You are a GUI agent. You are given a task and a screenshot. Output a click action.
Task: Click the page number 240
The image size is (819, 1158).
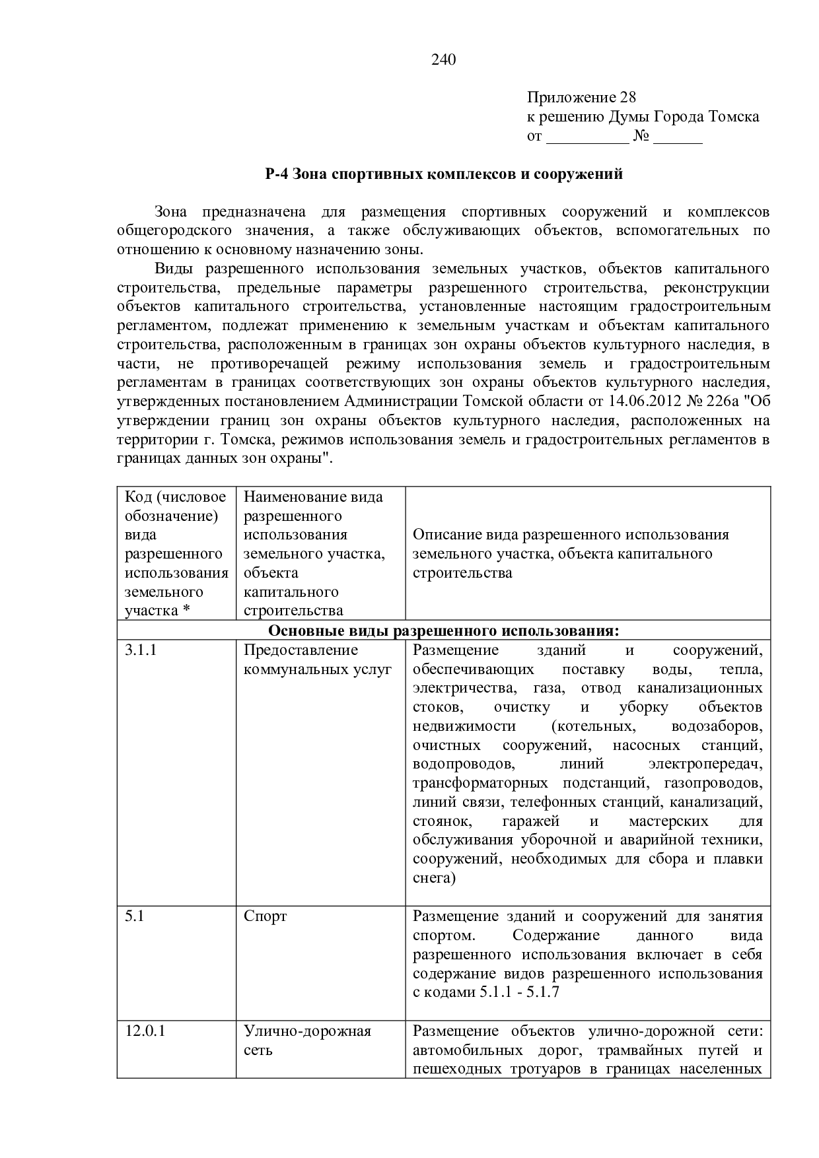(x=443, y=60)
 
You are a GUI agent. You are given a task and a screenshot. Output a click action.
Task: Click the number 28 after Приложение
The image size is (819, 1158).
(x=627, y=98)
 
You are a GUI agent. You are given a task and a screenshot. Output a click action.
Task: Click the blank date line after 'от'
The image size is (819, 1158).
(x=588, y=137)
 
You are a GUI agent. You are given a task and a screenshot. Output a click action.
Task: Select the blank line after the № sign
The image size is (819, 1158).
(x=678, y=137)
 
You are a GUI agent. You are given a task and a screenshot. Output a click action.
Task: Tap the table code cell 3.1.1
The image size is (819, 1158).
(x=141, y=650)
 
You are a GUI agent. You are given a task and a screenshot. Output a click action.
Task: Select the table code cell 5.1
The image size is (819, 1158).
(x=135, y=916)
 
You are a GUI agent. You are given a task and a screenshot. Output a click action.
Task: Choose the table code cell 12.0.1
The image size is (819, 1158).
(x=145, y=1031)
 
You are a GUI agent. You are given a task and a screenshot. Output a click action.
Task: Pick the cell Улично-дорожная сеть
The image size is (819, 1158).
(x=307, y=1040)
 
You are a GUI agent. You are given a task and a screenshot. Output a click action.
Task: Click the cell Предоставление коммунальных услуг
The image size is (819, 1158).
(x=318, y=660)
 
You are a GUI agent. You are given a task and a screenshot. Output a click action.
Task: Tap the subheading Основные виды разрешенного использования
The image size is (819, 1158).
(x=444, y=630)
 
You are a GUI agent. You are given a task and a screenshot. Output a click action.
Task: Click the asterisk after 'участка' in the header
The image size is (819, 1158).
(x=186, y=611)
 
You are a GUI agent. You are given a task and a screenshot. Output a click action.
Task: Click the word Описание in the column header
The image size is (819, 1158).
(x=446, y=535)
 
